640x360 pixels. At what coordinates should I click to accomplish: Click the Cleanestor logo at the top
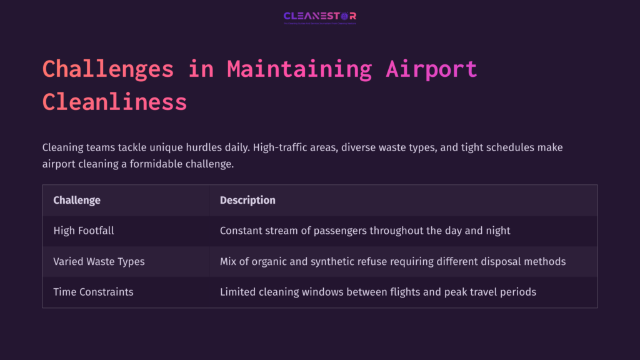[x=319, y=17]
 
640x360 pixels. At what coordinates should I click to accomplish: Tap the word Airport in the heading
[x=431, y=69]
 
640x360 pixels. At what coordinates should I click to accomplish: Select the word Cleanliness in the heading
[x=114, y=101]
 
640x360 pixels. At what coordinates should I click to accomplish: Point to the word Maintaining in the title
[x=299, y=69]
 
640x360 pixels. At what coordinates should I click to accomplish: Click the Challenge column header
[x=77, y=201]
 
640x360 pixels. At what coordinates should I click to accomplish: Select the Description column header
[x=247, y=201]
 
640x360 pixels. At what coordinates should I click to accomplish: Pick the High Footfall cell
[x=84, y=231]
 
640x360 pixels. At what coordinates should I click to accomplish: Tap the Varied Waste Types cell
[x=99, y=261]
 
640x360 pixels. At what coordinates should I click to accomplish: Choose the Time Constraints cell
[x=93, y=292]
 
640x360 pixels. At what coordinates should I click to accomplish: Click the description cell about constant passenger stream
[x=365, y=231]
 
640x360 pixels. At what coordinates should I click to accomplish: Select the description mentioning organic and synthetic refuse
[x=392, y=261]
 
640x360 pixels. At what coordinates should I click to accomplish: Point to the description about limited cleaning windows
[x=377, y=292]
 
